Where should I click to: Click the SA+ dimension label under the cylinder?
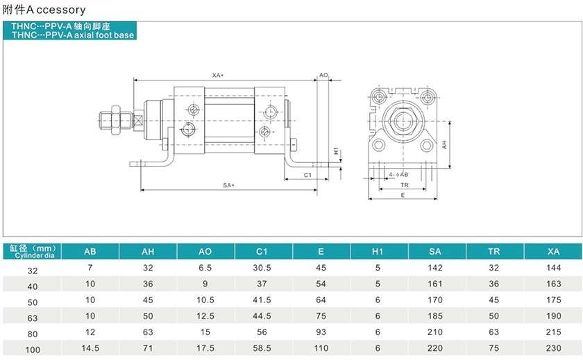229,185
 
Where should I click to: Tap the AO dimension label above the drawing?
323,74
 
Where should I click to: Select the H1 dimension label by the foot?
335,151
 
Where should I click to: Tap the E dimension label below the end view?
403,196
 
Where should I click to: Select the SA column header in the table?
436,251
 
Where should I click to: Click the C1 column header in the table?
262,251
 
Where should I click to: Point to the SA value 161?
436,284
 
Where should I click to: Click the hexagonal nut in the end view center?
404,120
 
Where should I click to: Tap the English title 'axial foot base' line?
69,34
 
